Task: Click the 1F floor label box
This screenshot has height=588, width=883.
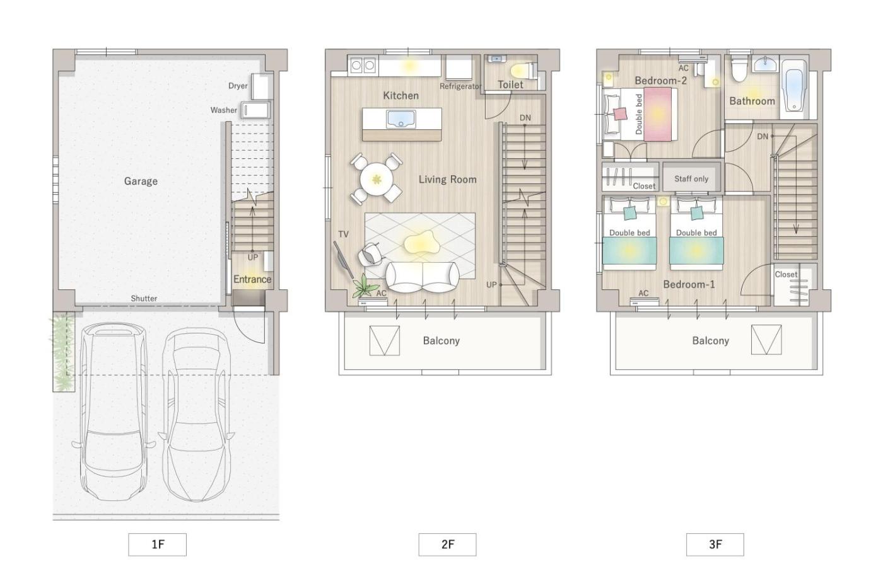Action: (x=157, y=545)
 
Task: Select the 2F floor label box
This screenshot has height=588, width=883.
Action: (x=447, y=545)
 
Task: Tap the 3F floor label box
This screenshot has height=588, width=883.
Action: (x=715, y=545)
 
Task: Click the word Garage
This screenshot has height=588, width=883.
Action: (x=141, y=181)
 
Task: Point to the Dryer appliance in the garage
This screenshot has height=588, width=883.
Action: (x=262, y=86)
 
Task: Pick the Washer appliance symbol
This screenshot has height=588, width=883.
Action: (x=256, y=110)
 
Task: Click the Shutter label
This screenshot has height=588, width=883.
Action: (x=144, y=299)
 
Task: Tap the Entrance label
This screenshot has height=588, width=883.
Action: (x=252, y=279)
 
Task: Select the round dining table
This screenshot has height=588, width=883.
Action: (x=377, y=179)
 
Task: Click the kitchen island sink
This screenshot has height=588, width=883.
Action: (x=401, y=119)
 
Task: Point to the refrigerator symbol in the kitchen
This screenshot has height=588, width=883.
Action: (x=459, y=67)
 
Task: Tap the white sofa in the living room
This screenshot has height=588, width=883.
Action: (x=422, y=277)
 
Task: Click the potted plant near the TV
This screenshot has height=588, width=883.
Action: (x=365, y=287)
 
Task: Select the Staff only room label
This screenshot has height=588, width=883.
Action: (x=691, y=179)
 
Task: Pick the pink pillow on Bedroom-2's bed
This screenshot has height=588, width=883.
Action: (x=621, y=114)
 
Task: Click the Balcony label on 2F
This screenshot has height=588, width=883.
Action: (x=441, y=341)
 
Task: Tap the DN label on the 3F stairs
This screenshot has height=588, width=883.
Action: (x=763, y=136)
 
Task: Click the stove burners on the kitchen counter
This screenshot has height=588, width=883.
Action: (x=363, y=66)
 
